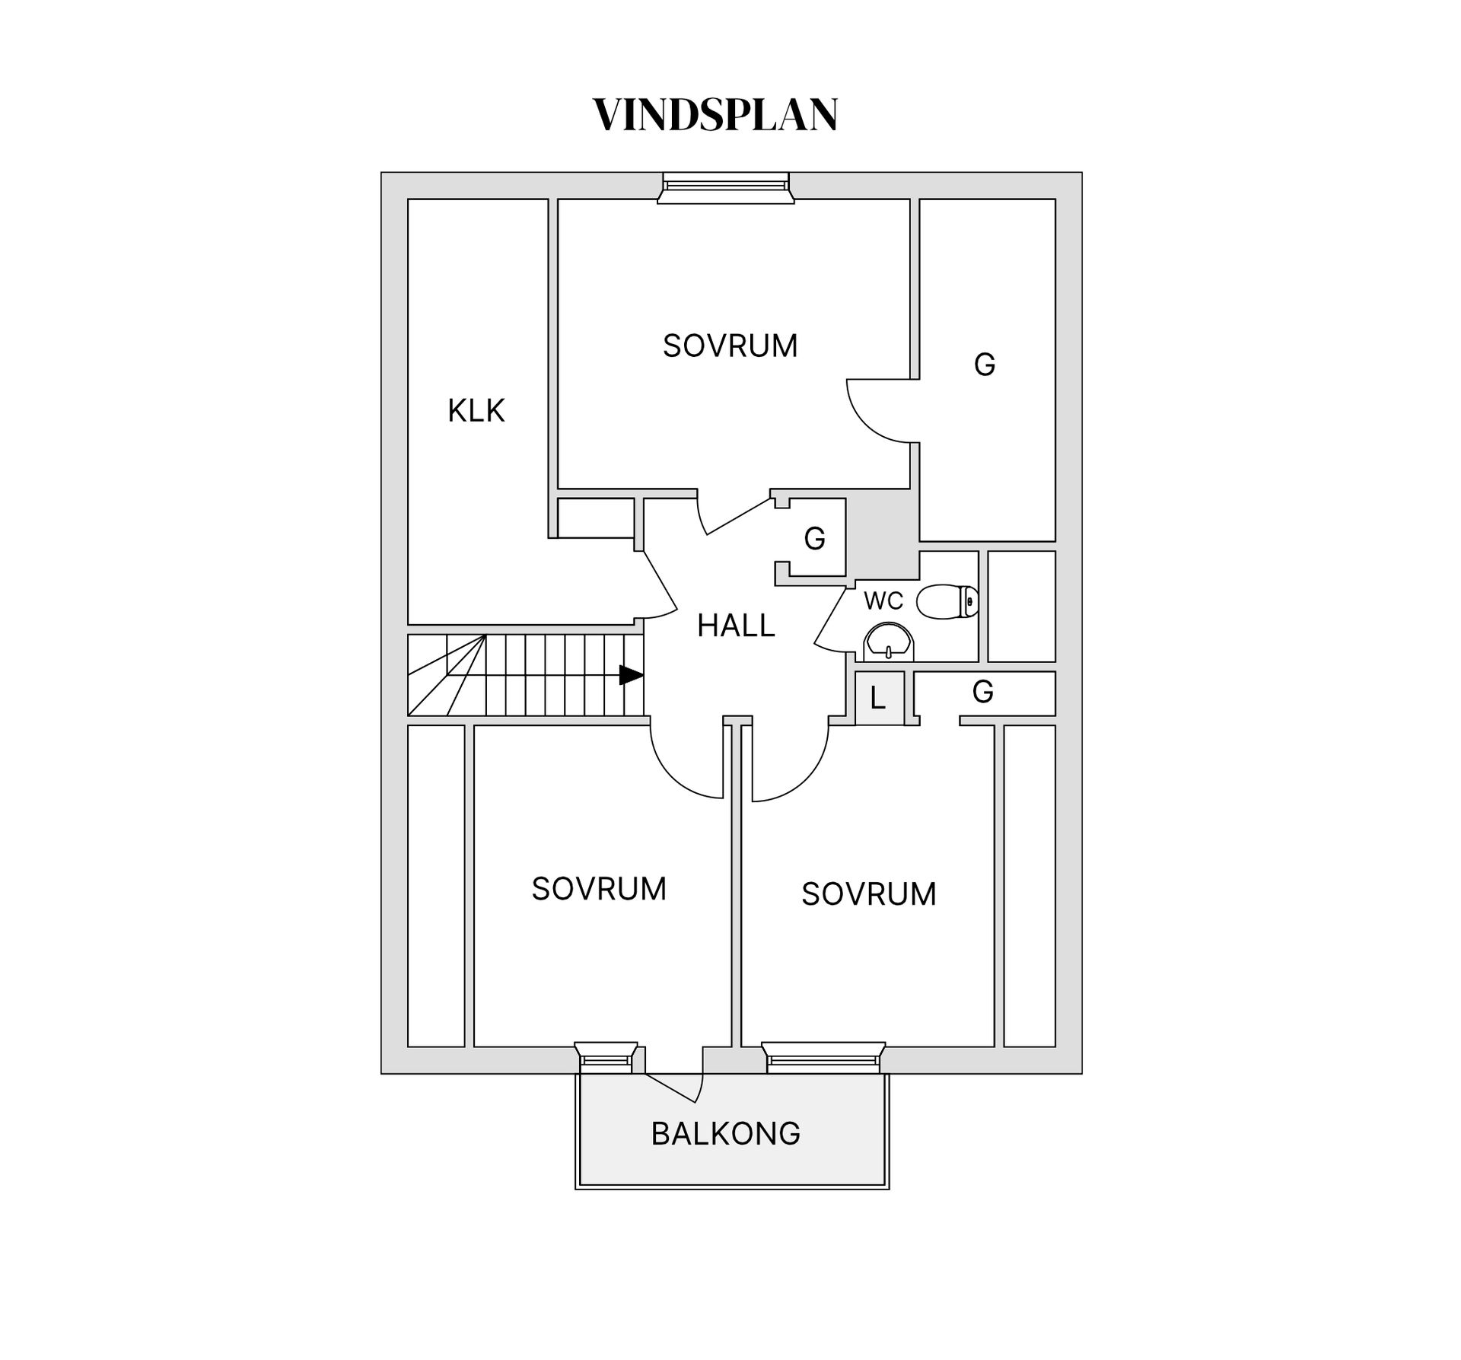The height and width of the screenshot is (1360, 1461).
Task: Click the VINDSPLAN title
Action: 715,116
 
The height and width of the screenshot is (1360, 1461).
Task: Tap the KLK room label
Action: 476,411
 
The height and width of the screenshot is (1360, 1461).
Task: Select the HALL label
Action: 735,626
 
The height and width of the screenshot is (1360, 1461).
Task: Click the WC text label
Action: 883,601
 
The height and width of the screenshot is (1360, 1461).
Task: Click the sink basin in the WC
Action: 888,642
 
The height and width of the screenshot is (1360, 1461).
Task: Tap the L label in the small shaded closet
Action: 878,699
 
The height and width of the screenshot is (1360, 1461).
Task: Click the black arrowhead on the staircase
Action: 631,675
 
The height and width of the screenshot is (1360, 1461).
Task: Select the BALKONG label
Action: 725,1134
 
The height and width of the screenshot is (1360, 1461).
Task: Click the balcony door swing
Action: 673,1086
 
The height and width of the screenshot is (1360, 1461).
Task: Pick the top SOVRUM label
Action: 729,346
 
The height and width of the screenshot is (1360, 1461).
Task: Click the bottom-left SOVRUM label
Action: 598,889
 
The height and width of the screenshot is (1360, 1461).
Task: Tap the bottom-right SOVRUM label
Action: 868,894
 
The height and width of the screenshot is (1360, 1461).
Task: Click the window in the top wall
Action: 725,187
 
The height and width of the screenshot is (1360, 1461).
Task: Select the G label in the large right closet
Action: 984,365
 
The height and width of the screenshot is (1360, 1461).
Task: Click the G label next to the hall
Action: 814,539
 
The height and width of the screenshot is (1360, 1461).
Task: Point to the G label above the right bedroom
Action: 982,692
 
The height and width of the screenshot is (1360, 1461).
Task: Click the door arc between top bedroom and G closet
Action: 875,415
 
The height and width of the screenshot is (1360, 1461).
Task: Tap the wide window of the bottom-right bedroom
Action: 823,1058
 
